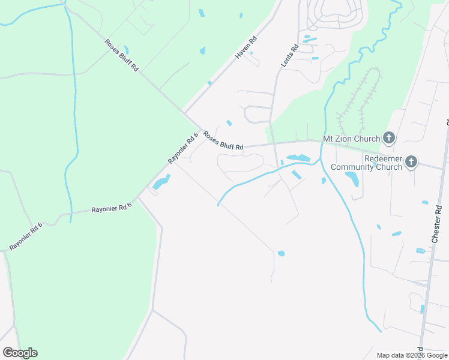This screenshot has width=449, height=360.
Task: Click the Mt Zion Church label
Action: pos(351,139)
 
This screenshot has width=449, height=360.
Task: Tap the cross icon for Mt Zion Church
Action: pos(388,139)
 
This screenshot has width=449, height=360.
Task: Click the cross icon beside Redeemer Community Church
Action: pos(411,161)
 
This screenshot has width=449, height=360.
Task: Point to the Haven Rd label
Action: pos(246,47)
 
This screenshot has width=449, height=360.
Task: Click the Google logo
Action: pos(20,353)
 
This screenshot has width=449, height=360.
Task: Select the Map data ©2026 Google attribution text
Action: pos(412,355)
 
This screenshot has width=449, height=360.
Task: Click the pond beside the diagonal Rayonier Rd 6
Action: pos(161,182)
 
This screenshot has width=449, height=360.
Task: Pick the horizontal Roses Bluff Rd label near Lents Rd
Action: pos(223,142)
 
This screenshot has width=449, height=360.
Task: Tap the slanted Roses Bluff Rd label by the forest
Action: pos(122,55)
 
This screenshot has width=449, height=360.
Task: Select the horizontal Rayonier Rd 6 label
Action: pos(111,208)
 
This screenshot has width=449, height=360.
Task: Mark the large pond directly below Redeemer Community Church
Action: pos(352,179)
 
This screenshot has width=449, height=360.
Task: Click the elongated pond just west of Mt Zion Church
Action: pos(298,158)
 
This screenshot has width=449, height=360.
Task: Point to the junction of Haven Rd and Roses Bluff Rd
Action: pos(184,112)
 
